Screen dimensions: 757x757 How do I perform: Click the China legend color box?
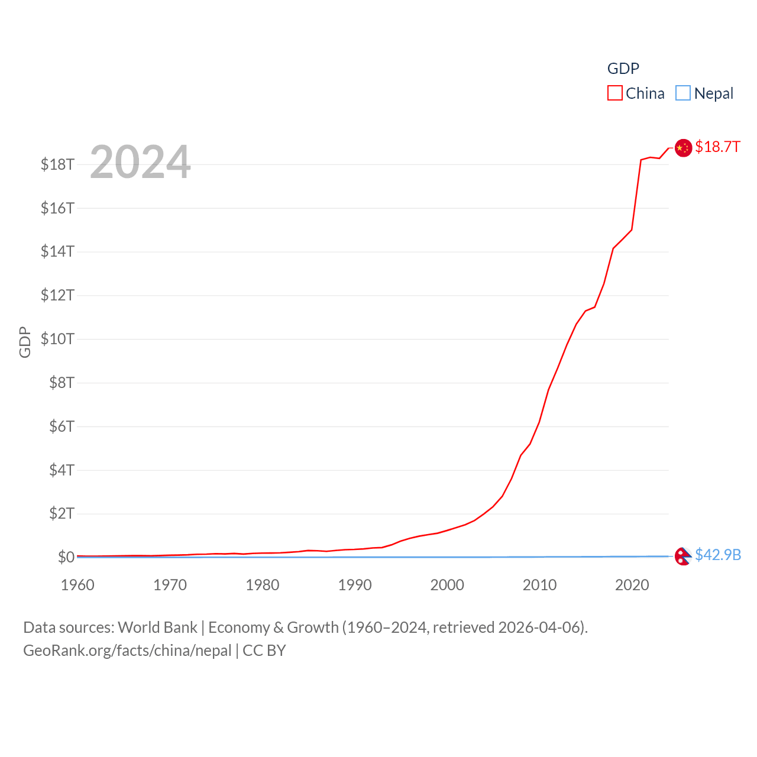tap(615, 93)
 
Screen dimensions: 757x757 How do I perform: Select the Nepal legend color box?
tap(683, 93)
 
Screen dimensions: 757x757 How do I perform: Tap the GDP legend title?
tap(623, 69)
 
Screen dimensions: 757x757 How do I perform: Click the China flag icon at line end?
tap(683, 148)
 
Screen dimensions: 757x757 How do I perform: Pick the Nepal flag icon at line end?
tap(682, 556)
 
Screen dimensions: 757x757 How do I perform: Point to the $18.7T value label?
tap(717, 147)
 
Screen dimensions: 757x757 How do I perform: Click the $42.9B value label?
tap(718, 555)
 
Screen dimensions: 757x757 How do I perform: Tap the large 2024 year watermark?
tap(140, 162)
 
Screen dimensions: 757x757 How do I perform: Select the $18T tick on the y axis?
tap(57, 164)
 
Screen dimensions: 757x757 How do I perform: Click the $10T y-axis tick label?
tap(57, 339)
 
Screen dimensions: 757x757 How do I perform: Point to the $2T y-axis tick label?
tap(62, 513)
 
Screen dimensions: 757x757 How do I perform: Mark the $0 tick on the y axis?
tap(66, 557)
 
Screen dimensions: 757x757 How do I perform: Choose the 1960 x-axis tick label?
tap(77, 585)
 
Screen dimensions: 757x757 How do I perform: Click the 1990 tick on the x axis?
tap(355, 585)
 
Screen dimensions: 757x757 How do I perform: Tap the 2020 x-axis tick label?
tap(632, 585)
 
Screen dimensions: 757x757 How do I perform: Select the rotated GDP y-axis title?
tap(25, 342)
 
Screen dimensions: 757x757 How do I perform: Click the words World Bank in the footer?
tap(158, 627)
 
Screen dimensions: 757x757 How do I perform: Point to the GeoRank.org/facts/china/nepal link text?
tap(127, 651)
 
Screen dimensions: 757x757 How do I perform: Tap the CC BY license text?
tap(264, 651)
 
